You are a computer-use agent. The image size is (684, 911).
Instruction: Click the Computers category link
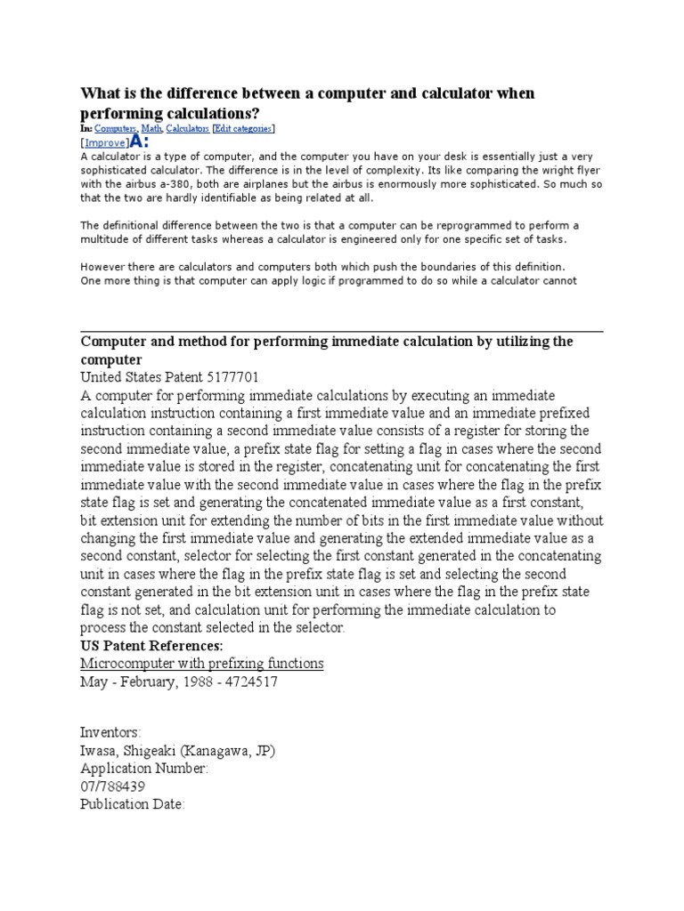click(111, 129)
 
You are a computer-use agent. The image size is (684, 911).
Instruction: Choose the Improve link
click(103, 142)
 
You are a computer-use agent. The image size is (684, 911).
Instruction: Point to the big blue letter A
click(136, 141)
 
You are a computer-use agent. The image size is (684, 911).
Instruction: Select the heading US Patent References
click(151, 645)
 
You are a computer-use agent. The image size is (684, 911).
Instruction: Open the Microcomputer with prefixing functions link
click(202, 664)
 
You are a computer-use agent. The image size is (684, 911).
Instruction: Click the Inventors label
click(110, 732)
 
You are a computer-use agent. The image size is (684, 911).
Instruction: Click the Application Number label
click(144, 769)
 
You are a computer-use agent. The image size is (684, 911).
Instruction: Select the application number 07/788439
click(113, 787)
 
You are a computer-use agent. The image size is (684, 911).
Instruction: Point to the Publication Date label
click(132, 805)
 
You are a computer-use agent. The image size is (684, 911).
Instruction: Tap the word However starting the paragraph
click(101, 267)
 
